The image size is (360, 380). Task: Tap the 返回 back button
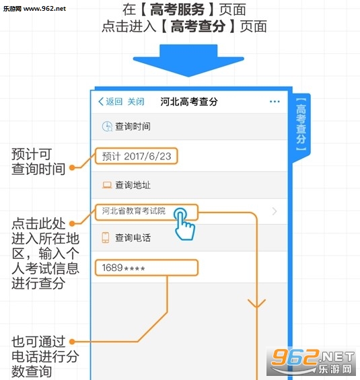[110, 102]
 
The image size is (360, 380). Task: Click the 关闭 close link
[136, 102]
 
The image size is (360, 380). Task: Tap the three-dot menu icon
[275, 102]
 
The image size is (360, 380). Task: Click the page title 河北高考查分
[189, 102]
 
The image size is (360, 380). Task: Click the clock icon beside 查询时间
[107, 126]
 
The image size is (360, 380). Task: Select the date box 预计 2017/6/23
[136, 156]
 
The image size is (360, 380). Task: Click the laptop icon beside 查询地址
[107, 185]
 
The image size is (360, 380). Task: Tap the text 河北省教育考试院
[134, 211]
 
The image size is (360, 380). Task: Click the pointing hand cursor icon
[185, 224]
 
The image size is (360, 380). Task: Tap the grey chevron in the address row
[275, 211]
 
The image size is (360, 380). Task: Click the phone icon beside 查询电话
[106, 237]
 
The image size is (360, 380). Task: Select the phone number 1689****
[124, 268]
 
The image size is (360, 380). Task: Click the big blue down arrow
[188, 61]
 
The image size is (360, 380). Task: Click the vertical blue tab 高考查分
[301, 124]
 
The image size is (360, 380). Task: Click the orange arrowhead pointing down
[256, 303]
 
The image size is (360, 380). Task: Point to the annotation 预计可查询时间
[38, 161]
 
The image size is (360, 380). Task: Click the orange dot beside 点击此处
[72, 223]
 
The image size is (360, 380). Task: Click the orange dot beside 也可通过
[72, 342]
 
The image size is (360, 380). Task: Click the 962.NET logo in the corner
[311, 362]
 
